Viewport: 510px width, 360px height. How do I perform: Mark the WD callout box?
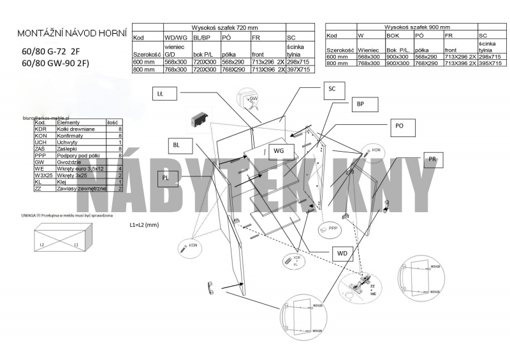(342, 253)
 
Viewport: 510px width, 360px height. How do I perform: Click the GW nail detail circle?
(249, 101)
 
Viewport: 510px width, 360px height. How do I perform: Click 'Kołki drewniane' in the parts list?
(69, 129)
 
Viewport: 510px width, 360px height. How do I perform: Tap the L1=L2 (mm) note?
(144, 225)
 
